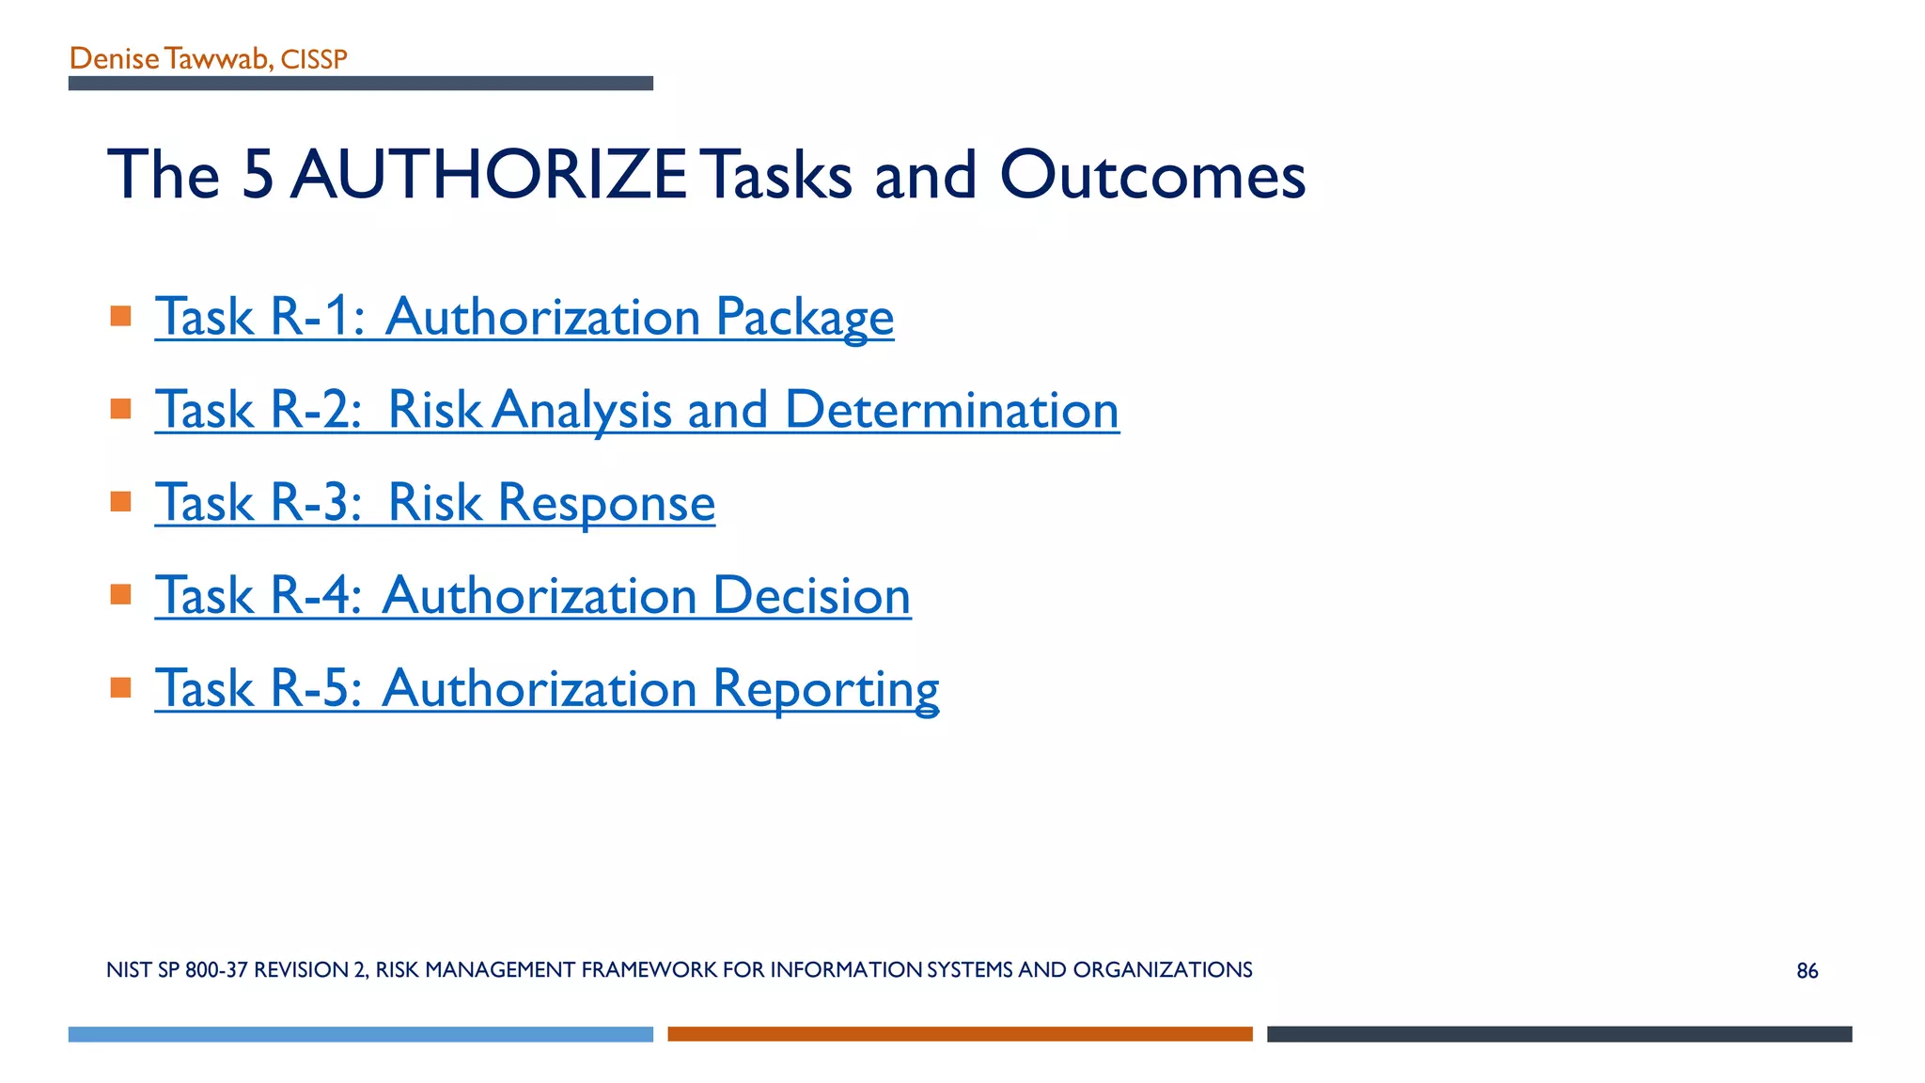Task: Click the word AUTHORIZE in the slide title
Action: point(489,175)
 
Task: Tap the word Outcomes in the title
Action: point(1152,175)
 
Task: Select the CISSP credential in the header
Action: point(314,59)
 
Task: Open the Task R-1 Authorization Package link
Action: point(524,316)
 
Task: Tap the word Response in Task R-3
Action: point(606,502)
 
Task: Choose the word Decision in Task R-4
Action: point(811,595)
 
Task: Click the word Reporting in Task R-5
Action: point(825,688)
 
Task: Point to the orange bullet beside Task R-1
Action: point(120,316)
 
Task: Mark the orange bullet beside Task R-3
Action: point(120,501)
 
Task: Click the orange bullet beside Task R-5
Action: point(120,687)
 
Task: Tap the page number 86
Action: point(1807,971)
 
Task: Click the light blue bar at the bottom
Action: point(360,1034)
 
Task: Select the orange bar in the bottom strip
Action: point(960,1034)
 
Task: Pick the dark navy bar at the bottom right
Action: point(1558,1034)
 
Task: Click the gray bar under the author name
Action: point(360,84)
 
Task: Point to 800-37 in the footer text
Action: point(216,970)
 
